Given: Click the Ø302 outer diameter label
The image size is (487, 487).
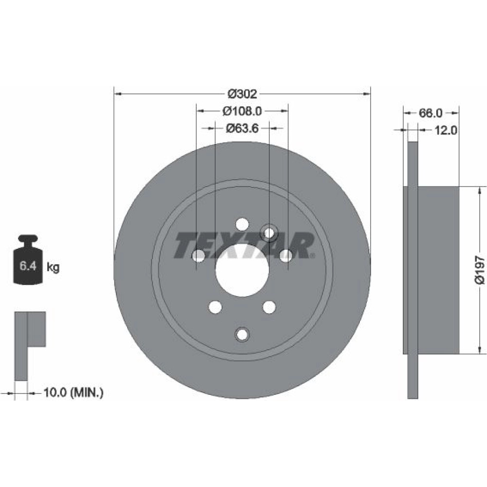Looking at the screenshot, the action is click(242, 94).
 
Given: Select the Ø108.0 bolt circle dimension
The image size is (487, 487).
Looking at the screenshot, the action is click(242, 111).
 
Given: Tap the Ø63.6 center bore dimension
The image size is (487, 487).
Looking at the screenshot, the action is click(242, 128).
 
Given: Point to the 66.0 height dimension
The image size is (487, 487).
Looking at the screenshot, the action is click(431, 113).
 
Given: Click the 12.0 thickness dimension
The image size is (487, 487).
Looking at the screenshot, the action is click(446, 131).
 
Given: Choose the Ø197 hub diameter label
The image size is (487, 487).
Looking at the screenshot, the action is click(480, 270).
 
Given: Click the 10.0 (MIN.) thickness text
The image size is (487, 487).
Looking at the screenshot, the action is click(74, 393).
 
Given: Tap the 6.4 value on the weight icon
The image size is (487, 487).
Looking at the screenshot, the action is click(28, 266).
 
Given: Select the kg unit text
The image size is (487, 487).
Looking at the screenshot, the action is click(53, 267).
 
